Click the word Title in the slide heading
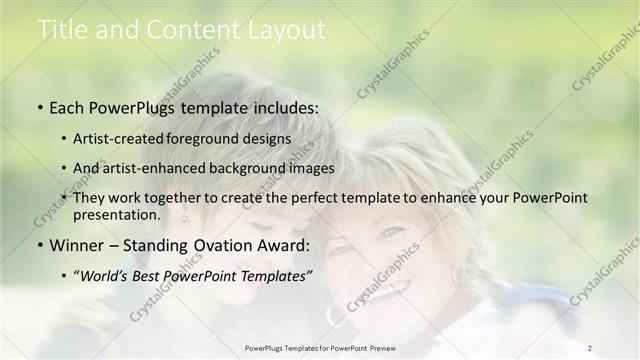62,31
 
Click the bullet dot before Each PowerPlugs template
39,107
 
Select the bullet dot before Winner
39,246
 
